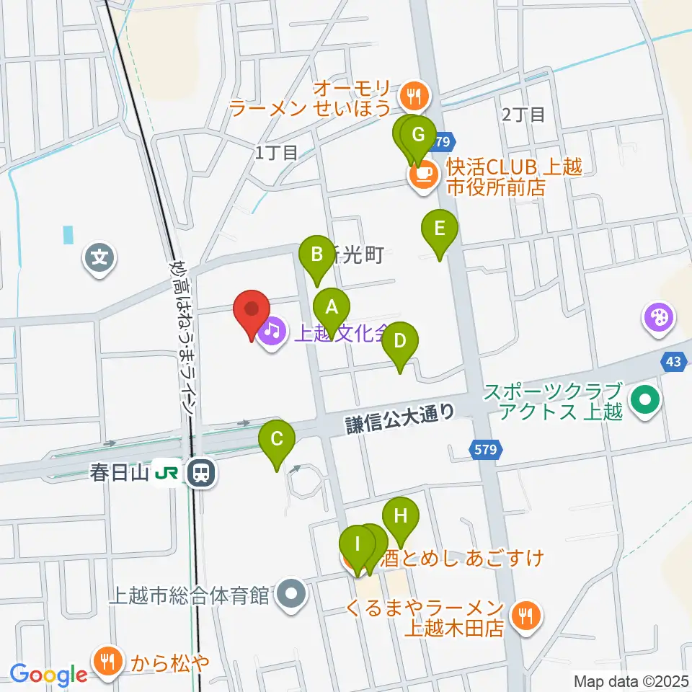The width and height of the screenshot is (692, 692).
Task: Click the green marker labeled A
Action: tap(331, 308)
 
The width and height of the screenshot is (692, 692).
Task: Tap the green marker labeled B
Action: tap(316, 254)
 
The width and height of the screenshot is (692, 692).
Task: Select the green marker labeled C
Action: tap(277, 438)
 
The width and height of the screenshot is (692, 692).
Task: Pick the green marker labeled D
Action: tap(400, 340)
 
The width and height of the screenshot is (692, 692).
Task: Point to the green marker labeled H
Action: tap(400, 515)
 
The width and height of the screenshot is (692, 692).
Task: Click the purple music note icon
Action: tap(271, 332)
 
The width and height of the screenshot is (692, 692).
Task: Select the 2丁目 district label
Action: tap(523, 114)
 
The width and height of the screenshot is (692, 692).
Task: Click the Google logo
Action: tap(48, 675)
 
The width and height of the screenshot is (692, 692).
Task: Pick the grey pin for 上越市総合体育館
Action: tap(292, 595)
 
